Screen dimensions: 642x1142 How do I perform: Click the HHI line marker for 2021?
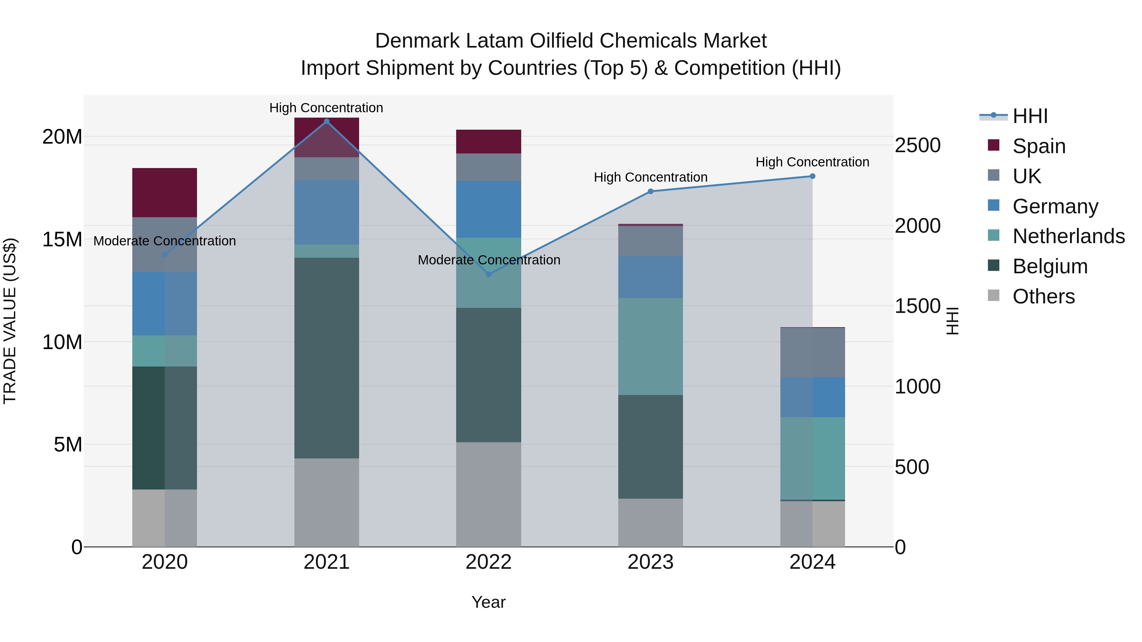tap(326, 121)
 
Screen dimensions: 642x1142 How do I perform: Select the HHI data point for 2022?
tap(489, 274)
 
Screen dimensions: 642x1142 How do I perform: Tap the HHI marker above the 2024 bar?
tap(812, 176)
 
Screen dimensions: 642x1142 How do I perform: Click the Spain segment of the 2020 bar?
tap(164, 193)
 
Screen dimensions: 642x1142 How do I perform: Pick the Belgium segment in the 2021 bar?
tap(326, 358)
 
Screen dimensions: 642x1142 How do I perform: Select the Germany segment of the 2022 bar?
tap(489, 209)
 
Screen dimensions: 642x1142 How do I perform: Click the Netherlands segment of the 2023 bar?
tap(650, 347)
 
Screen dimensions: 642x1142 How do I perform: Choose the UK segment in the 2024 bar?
tap(812, 353)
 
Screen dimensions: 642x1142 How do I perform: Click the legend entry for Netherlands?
tap(1068, 236)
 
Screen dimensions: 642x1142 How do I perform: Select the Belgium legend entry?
tap(1050, 266)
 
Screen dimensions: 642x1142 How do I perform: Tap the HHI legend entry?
tap(1030, 116)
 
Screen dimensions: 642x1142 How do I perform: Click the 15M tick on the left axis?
tap(62, 239)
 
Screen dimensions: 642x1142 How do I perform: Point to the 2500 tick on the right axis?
tap(917, 145)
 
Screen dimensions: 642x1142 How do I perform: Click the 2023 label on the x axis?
tap(650, 562)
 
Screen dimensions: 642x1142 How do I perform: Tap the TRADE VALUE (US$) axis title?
tap(10, 321)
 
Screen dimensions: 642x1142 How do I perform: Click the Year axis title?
tap(488, 602)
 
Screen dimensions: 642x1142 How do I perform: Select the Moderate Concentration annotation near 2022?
tap(489, 260)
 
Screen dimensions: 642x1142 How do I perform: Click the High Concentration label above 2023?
tap(650, 177)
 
